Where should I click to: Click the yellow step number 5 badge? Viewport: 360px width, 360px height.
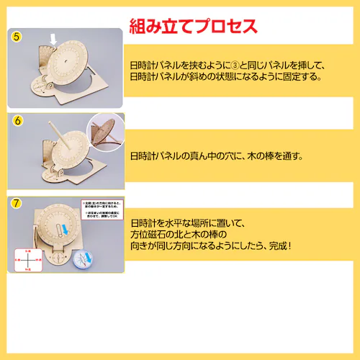[16, 37]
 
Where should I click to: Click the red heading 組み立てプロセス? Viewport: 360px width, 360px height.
[192, 27]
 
